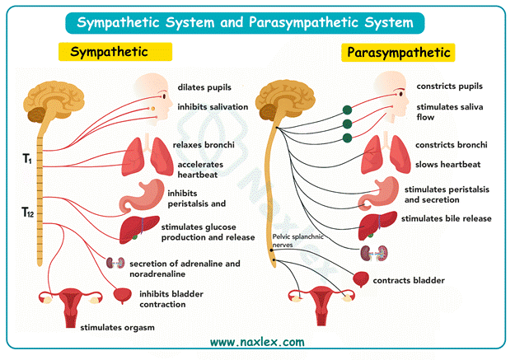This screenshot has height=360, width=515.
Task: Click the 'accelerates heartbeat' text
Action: tap(200, 169)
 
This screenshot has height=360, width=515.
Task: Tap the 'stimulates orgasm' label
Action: tap(115, 327)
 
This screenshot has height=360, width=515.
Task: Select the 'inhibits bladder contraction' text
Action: tap(171, 299)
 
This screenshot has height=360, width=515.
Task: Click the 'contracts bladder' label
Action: tap(409, 280)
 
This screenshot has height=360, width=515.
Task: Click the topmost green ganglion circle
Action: tap(347, 110)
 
